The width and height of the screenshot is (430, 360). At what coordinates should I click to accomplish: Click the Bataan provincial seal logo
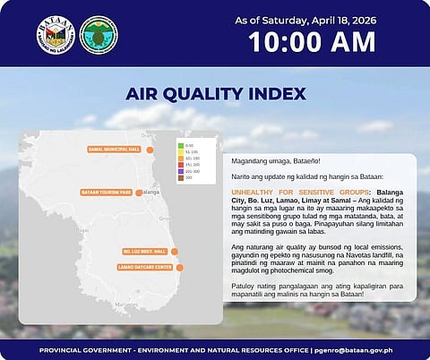click(55, 34)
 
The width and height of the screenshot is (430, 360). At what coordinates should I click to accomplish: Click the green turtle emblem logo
click(97, 34)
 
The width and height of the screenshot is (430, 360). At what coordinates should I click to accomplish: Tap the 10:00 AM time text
click(305, 41)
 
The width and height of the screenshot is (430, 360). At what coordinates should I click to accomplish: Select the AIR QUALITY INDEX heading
click(215, 94)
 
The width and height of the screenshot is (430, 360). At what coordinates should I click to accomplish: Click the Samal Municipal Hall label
click(115, 149)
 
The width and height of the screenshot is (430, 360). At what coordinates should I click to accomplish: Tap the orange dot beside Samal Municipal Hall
click(150, 149)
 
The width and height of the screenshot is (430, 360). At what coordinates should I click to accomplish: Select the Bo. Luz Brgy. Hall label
click(142, 252)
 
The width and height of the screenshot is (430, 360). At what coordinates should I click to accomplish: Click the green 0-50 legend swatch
click(180, 145)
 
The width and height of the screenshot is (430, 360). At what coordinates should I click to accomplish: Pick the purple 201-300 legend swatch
click(180, 172)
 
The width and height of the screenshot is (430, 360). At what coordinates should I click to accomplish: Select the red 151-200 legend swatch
click(180, 166)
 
